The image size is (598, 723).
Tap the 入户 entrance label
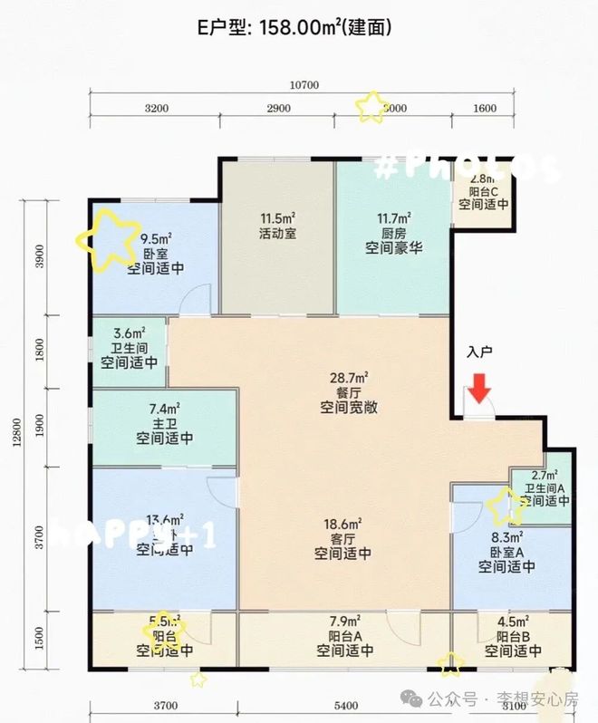pyautogui.click(x=479, y=352)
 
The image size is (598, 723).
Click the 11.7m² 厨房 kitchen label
pyautogui.click(x=395, y=232)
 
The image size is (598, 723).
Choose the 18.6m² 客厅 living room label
pyautogui.click(x=345, y=538)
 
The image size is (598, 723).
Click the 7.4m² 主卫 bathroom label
pyautogui.click(x=165, y=423)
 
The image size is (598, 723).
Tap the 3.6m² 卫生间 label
pyautogui.click(x=129, y=347)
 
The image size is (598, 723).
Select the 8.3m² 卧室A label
pyautogui.click(x=507, y=552)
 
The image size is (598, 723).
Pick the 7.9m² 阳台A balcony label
pyautogui.click(x=345, y=635)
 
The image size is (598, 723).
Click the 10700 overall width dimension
pyautogui.click(x=304, y=86)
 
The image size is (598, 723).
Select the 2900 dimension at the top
pyautogui.click(x=277, y=109)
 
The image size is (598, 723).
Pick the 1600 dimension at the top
pyautogui.click(x=485, y=109)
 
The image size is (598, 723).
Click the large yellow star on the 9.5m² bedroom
pyautogui.click(x=107, y=238)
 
